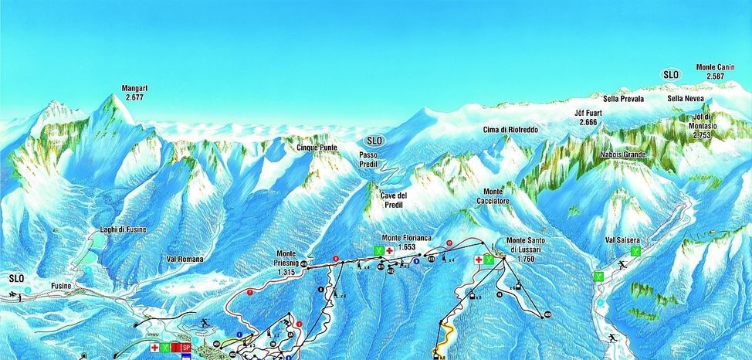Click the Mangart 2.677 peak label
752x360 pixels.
click(x=135, y=93)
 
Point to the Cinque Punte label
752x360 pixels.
click(x=317, y=148)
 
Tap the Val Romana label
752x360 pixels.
click(x=185, y=260)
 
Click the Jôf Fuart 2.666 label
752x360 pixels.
click(x=588, y=117)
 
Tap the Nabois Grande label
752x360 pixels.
click(x=623, y=155)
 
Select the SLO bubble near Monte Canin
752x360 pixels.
click(x=670, y=74)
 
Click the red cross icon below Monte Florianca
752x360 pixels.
click(x=390, y=251)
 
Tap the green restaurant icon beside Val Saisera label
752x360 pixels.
click(x=635, y=251)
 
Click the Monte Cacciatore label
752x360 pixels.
click(x=498, y=195)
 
